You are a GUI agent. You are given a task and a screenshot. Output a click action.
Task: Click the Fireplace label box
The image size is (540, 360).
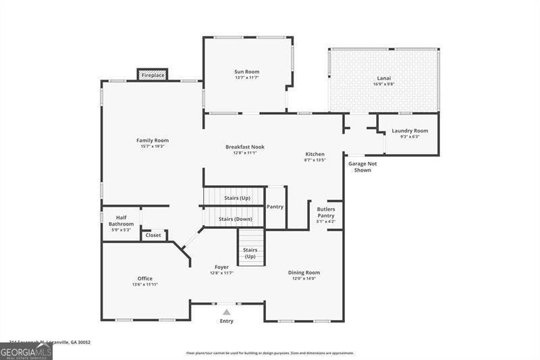(x=153, y=75)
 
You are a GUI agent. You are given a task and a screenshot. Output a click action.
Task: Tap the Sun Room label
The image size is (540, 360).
(x=246, y=72)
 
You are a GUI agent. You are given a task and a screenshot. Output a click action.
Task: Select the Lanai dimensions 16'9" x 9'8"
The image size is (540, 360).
(x=383, y=84)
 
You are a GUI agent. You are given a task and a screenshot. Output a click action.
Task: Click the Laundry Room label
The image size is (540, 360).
(x=410, y=130)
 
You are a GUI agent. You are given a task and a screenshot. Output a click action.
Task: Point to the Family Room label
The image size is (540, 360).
(x=152, y=140)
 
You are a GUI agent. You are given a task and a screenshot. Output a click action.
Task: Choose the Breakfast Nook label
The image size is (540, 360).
(x=244, y=147)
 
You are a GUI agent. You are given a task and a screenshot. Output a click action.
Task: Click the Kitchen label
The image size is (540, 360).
(x=315, y=154)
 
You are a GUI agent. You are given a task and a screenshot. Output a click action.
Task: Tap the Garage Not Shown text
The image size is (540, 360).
(x=362, y=167)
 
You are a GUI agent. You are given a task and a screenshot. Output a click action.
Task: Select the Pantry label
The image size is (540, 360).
(x=275, y=207)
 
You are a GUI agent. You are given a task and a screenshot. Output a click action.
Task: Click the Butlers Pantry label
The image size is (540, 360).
(x=326, y=212)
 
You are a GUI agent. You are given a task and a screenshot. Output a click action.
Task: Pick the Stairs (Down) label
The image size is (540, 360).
(x=236, y=219)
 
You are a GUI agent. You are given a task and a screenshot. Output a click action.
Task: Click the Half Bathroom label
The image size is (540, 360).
(x=122, y=220)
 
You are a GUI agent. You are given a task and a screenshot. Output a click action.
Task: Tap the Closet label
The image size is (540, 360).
(x=153, y=235)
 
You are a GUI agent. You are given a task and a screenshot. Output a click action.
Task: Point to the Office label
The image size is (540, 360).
(x=145, y=278)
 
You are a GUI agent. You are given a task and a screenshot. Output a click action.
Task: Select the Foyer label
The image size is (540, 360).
(x=222, y=267)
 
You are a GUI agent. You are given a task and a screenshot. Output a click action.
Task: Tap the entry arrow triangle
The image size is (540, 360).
(x=226, y=312)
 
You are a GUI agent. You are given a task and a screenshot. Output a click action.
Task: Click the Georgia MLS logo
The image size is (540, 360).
(x=26, y=352)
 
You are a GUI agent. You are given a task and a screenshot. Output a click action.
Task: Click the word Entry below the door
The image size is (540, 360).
(x=226, y=321)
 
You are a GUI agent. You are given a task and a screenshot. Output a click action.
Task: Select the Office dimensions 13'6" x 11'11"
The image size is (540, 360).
(x=145, y=284)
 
